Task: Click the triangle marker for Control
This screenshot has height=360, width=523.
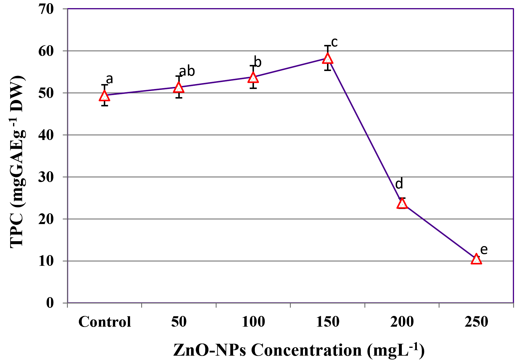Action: point(104,96)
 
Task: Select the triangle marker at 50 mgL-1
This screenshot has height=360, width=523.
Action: point(179,88)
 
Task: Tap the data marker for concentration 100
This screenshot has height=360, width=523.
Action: point(253,78)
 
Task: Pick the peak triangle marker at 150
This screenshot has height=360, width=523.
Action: point(328,59)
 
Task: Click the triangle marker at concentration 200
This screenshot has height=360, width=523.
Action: point(402,203)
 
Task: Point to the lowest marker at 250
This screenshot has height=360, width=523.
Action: point(476,259)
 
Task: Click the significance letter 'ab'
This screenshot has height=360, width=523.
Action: point(187,71)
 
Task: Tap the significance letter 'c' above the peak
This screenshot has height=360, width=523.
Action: point(334,43)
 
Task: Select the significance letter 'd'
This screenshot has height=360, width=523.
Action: point(399,184)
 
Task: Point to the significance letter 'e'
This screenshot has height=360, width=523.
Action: point(484,250)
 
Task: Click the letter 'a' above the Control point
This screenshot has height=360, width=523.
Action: point(109,79)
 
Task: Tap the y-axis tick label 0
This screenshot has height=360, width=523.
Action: point(50,303)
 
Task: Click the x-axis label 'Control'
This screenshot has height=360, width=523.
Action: point(105,322)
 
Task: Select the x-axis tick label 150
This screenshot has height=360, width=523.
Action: point(328,322)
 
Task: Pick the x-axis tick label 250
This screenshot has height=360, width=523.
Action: point(476,322)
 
